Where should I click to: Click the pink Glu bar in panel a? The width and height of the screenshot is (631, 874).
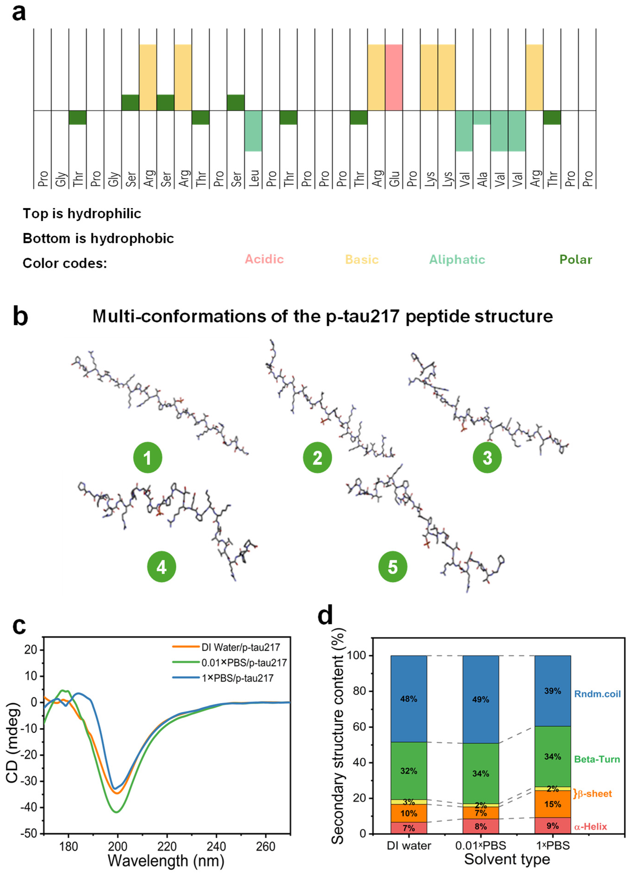(394, 77)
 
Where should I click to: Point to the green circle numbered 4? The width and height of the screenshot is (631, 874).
(161, 567)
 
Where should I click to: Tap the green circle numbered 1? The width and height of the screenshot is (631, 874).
(147, 458)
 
